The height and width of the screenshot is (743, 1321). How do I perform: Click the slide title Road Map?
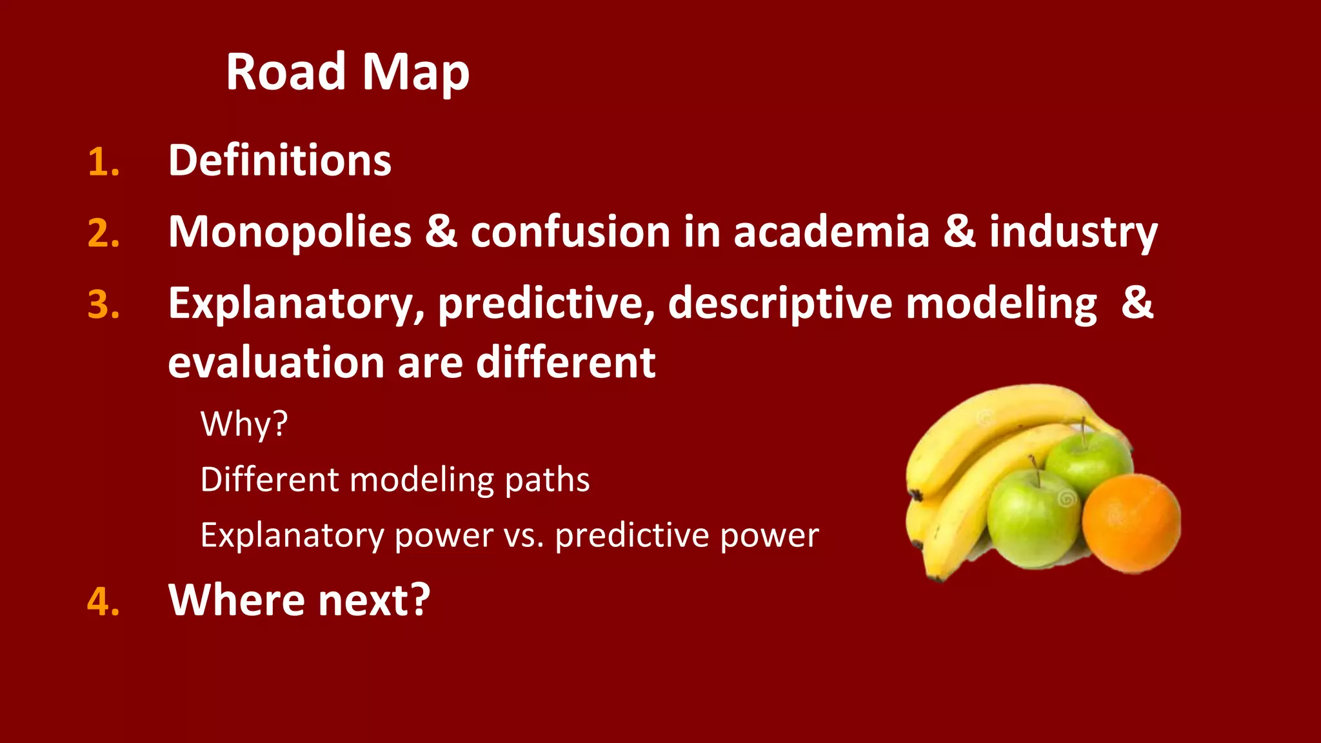point(347,72)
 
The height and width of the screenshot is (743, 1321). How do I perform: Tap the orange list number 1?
point(103,162)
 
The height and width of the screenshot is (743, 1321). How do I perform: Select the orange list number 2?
point(103,233)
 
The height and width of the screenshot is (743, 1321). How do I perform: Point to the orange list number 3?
point(103,304)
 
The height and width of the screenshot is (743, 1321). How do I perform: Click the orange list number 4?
point(103,602)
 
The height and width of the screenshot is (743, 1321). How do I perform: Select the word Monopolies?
point(290,232)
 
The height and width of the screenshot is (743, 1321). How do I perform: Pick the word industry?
point(1073,232)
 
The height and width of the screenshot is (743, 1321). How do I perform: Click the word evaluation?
point(276,362)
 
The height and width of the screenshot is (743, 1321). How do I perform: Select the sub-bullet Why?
point(244,424)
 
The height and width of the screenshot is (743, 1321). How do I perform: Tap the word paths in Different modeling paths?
point(547,480)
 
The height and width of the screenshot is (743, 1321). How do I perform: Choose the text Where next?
point(299,600)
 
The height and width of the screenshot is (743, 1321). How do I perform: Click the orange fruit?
point(1131,524)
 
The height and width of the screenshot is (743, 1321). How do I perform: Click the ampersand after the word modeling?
point(1137,302)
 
